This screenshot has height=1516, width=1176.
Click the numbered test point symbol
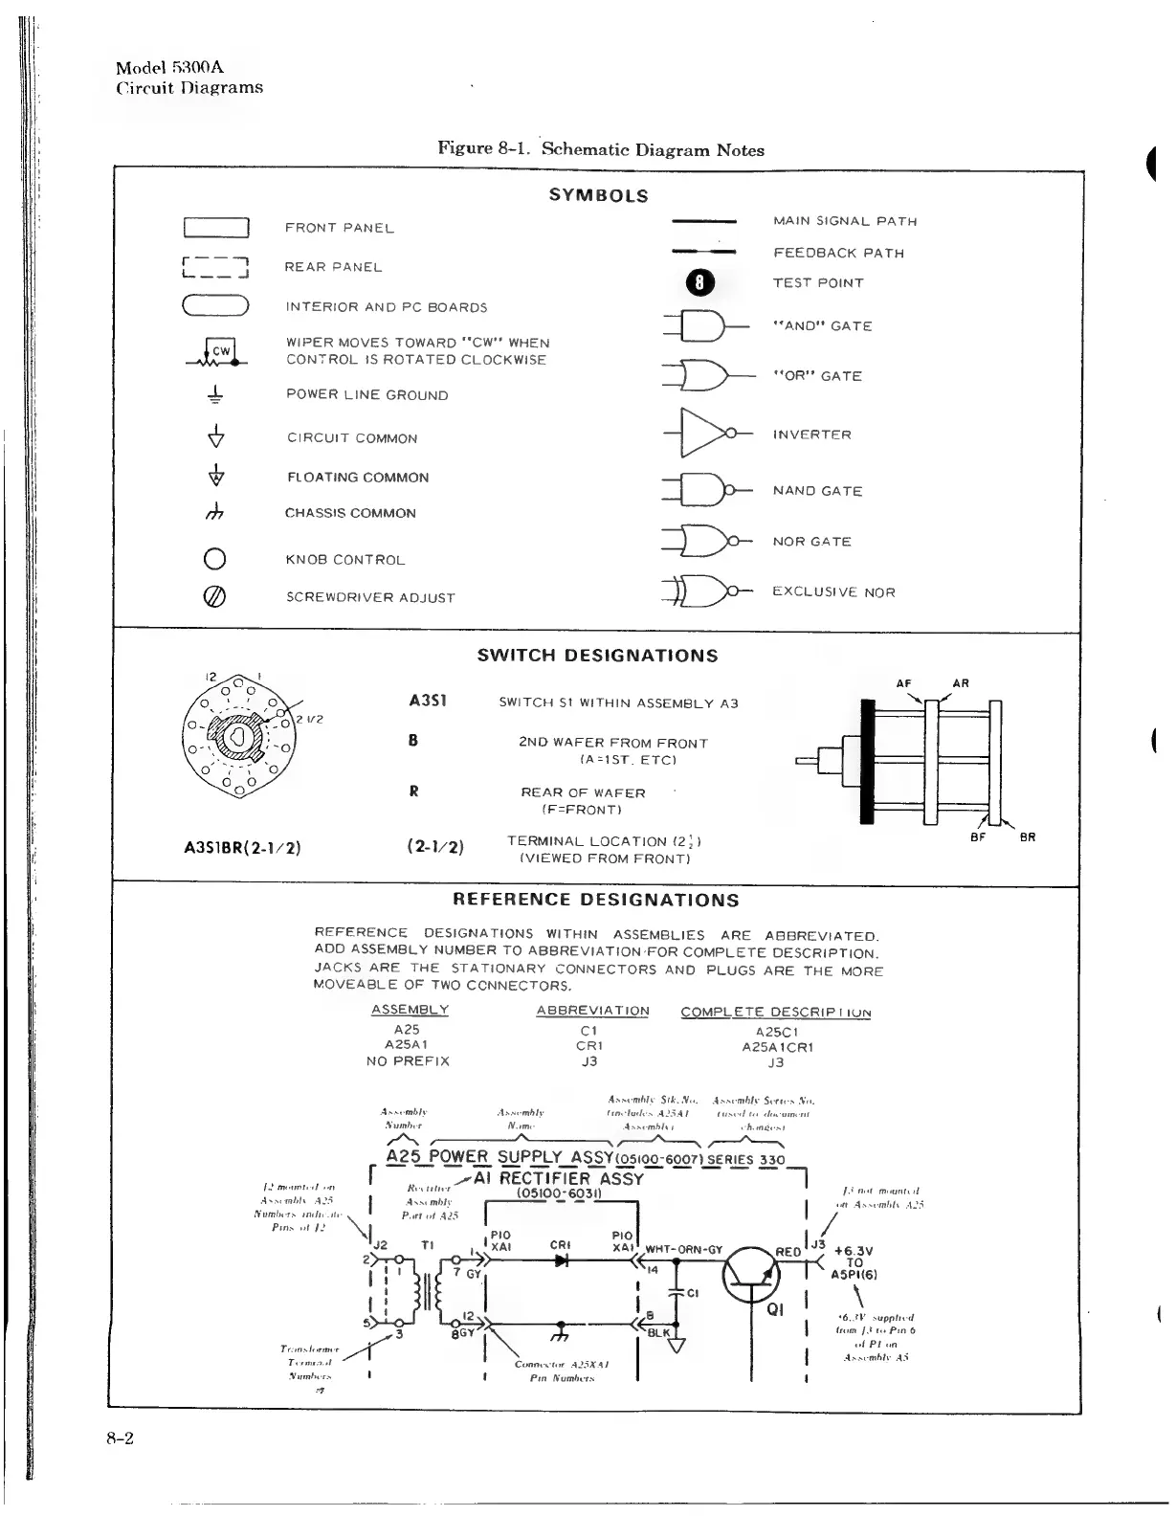point(699,282)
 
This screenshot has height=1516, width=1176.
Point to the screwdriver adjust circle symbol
point(215,596)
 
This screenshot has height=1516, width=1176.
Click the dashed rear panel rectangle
point(215,267)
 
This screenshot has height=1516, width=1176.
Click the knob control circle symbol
point(215,559)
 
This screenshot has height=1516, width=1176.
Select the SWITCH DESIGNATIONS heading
point(597,656)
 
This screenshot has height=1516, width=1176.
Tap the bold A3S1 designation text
point(426,701)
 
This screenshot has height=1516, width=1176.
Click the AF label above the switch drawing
point(903,683)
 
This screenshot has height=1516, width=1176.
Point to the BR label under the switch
point(1027,837)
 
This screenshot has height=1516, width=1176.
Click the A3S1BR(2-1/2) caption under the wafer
point(242,847)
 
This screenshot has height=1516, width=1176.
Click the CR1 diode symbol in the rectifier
point(561,1261)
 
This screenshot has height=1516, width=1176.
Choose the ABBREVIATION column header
point(592,1011)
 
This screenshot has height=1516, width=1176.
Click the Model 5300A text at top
point(169,67)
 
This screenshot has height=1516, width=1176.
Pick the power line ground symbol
point(216,394)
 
